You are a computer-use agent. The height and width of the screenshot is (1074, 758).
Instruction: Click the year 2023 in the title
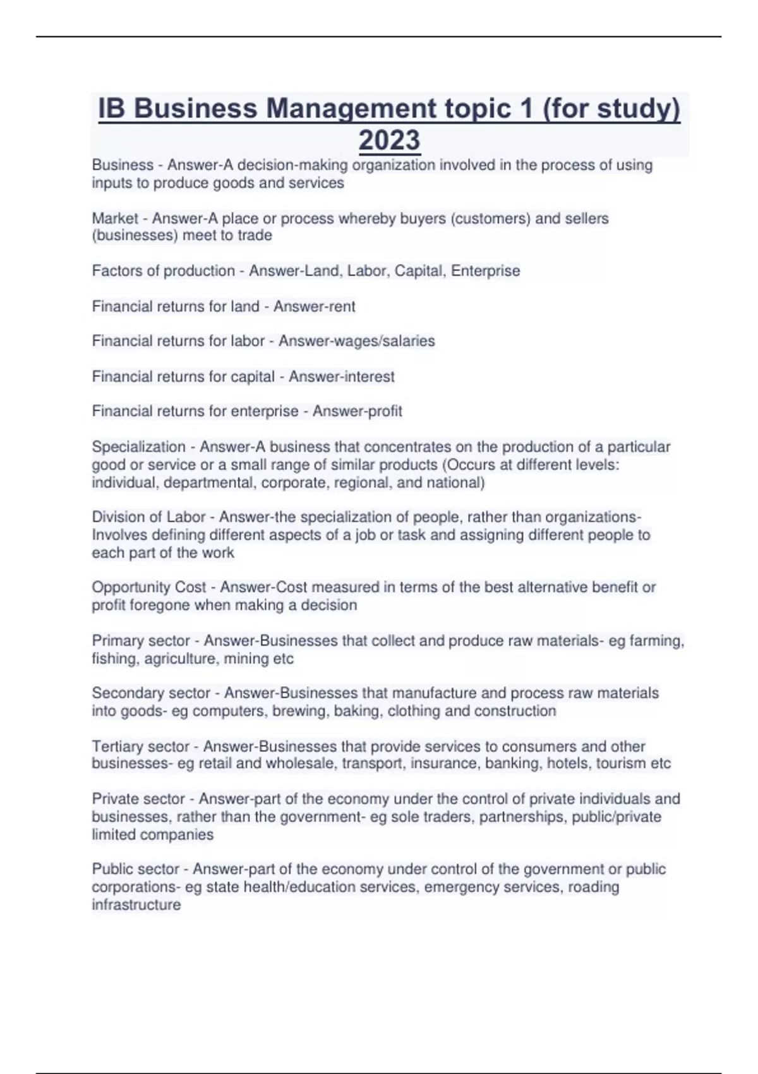389,140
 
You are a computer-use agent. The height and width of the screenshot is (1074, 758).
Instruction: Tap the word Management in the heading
351,109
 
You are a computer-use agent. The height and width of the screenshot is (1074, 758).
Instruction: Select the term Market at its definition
115,219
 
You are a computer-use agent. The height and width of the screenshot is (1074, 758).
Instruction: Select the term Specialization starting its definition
138,447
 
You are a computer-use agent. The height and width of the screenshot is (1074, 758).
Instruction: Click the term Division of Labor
148,517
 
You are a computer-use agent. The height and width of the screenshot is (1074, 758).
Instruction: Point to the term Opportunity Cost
149,587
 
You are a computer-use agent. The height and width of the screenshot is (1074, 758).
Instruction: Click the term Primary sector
141,641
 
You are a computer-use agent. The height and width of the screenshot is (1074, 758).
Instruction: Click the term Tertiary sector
141,746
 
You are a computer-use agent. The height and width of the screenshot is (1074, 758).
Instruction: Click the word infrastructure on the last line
136,905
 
